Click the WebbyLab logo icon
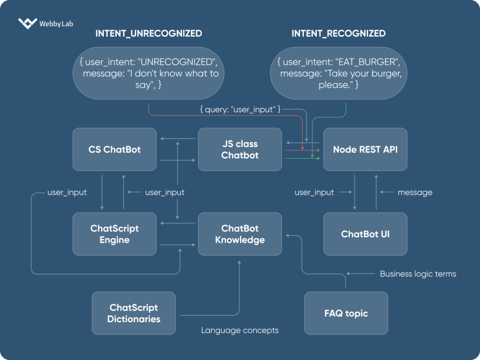[27, 23]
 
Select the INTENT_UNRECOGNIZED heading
[149, 34]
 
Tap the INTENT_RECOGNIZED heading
[338, 34]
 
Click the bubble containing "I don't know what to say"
[149, 74]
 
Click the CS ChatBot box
[115, 149]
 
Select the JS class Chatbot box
[240, 149]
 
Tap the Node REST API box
[365, 149]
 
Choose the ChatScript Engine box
[115, 234]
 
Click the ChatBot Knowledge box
[240, 234]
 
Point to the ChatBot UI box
[365, 234]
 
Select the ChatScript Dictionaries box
[134, 313]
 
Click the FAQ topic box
[346, 313]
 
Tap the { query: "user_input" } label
[240, 110]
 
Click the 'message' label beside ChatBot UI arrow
[415, 192]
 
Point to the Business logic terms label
[418, 274]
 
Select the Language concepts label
[240, 330]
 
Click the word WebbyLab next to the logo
[56, 24]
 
